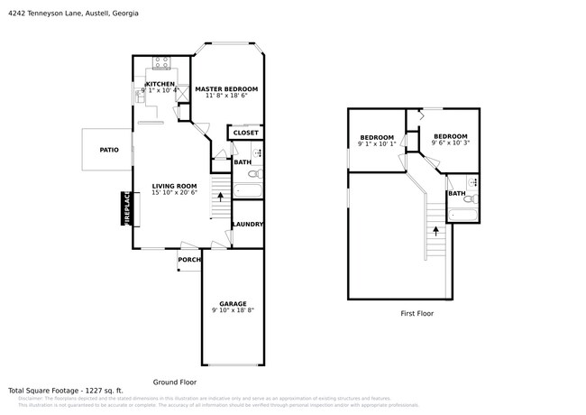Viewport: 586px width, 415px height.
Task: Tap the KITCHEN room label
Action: (x=160, y=84)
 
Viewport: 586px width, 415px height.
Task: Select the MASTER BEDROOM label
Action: (x=226, y=88)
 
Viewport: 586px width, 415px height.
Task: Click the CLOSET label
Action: (x=246, y=133)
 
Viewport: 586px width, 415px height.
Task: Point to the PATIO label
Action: (x=109, y=150)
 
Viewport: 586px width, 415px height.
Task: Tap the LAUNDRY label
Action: (x=248, y=225)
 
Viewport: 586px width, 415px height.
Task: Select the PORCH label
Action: (x=189, y=260)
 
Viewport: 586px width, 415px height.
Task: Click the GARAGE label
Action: (x=233, y=304)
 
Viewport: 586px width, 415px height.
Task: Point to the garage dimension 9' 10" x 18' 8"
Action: (x=233, y=310)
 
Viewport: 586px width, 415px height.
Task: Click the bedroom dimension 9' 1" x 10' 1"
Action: (x=377, y=143)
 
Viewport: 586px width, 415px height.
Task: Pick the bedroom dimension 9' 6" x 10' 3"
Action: (x=451, y=143)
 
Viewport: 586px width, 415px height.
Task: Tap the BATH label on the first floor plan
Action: (x=457, y=193)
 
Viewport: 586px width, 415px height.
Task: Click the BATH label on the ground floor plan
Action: (x=243, y=162)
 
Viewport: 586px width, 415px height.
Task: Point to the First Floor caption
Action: (x=417, y=313)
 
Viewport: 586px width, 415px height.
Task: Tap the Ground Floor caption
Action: (x=173, y=382)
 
